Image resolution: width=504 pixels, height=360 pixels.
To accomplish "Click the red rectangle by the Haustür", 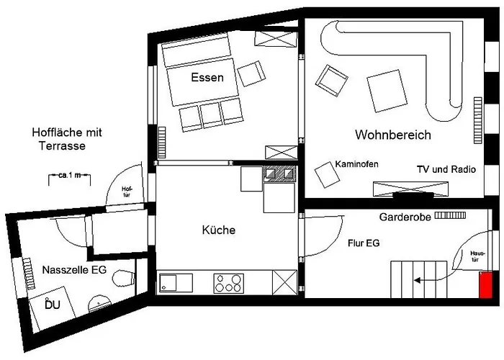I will [487, 284].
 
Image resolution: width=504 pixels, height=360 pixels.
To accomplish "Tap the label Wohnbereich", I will [392, 135].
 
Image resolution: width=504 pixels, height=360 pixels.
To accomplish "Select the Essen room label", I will [207, 78].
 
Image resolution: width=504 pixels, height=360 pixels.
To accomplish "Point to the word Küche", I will [219, 230].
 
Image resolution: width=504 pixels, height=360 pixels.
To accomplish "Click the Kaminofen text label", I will [356, 165].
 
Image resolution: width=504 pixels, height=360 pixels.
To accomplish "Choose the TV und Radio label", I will [446, 169].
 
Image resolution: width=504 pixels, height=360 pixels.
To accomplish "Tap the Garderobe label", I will [404, 216].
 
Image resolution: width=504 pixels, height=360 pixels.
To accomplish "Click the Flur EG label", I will [363, 243].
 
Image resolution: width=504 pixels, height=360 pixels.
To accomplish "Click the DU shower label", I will [53, 305].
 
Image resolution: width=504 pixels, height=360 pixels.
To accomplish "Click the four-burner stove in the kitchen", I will [228, 282].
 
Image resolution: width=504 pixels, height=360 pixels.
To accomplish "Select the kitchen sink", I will [174, 282].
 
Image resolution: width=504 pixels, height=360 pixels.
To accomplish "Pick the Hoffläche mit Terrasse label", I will [68, 139].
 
